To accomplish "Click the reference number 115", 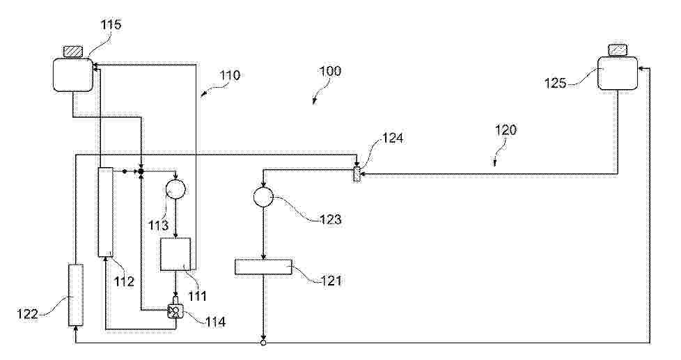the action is [x=111, y=24].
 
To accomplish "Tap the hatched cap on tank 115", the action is [x=72, y=52].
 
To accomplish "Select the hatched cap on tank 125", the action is [x=618, y=50].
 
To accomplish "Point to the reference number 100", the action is [x=330, y=71].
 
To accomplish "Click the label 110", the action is [x=230, y=75].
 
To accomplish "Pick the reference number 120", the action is [x=506, y=130].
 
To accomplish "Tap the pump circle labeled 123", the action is [x=263, y=198].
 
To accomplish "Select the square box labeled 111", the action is [x=175, y=254].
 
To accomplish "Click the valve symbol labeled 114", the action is [x=175, y=311].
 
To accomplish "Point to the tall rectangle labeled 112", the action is [x=106, y=212].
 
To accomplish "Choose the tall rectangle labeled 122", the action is [x=76, y=295].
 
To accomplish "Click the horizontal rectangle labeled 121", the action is [x=264, y=267].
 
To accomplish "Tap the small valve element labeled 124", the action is [x=357, y=174].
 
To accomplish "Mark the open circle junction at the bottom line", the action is [x=263, y=343].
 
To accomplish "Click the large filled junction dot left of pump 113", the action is [x=141, y=171].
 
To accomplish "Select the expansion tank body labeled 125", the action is [x=618, y=73].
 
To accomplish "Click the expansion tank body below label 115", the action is [x=73, y=75].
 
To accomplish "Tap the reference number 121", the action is [x=331, y=280].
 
